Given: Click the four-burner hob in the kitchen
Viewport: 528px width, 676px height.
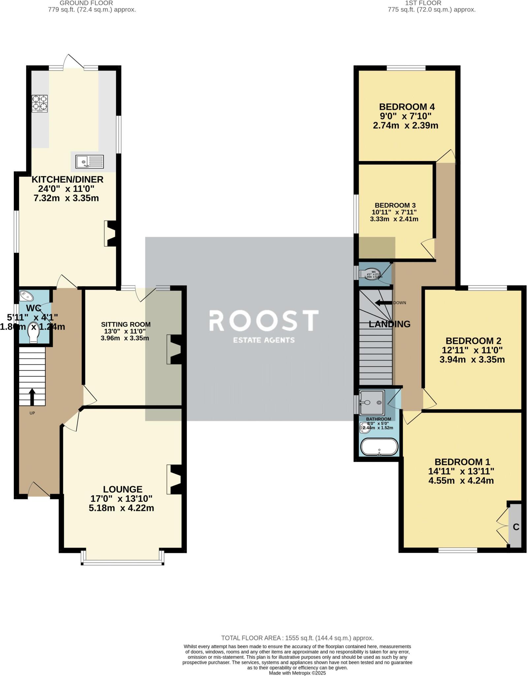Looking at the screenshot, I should pos(40,103).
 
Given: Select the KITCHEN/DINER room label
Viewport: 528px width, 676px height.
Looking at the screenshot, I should pos(67,180).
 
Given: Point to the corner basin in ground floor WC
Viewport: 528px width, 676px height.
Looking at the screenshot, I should pos(25,296).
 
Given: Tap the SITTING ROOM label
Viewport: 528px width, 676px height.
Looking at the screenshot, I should pos(126,324).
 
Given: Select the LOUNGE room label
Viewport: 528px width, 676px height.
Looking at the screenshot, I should pos(123,490).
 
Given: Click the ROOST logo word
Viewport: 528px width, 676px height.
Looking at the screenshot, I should pos(264,321).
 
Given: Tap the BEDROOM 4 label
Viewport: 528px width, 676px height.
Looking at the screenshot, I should pos(407,107).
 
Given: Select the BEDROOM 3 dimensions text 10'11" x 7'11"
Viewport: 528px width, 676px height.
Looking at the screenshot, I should pos(394,212).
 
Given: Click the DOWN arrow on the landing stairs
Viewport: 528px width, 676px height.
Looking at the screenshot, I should pos(383,303).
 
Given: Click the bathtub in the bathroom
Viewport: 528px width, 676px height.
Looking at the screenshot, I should pos(379,447).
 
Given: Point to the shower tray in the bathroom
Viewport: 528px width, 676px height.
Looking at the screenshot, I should pos(372,402).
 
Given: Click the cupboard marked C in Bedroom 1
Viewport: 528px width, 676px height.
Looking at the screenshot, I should pos(515,527).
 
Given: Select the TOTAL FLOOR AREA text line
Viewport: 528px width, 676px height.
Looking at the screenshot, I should pos(297,638).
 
